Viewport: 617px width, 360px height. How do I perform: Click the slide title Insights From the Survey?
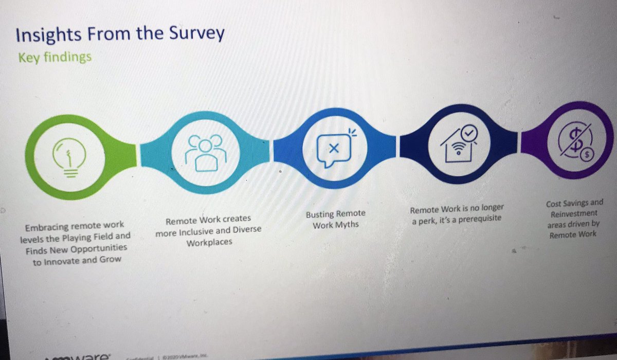(120, 34)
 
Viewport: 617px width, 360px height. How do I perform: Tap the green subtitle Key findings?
(55, 57)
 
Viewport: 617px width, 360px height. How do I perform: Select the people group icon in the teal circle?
(206, 152)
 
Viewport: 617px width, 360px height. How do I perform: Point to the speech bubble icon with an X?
(334, 149)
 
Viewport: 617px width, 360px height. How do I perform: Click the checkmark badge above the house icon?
(470, 132)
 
